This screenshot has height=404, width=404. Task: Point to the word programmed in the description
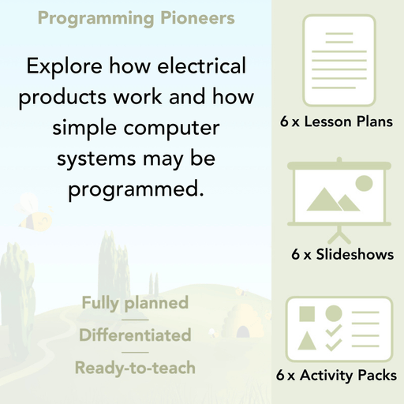[x=135, y=189]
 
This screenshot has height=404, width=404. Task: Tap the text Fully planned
[x=135, y=302]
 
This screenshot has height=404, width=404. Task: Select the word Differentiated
[x=135, y=335]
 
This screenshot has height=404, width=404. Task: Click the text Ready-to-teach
[x=135, y=368]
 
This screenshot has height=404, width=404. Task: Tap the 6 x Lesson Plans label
[x=336, y=122]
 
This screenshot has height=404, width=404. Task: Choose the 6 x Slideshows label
[x=342, y=255]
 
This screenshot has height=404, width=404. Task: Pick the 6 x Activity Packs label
[x=337, y=376]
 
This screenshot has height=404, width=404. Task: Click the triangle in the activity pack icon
[x=307, y=341]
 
